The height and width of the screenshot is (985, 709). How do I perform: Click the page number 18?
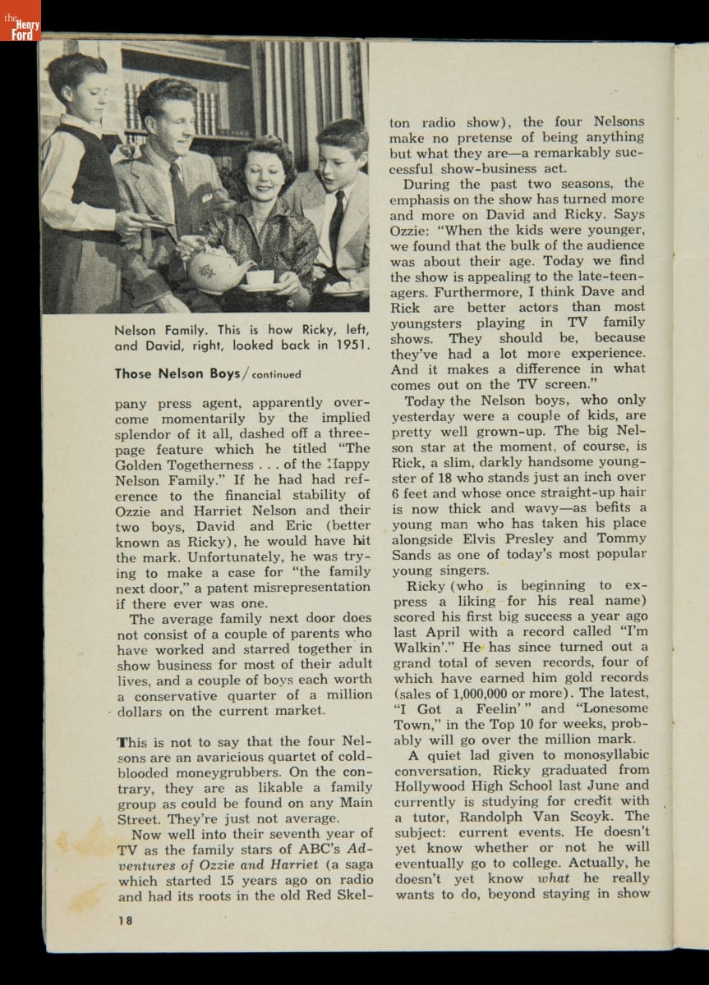pos(124,920)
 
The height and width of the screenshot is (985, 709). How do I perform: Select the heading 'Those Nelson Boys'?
pos(177,373)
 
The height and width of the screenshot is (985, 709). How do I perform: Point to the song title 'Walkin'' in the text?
pos(421,647)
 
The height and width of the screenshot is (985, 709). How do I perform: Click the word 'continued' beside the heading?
pos(276,375)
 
